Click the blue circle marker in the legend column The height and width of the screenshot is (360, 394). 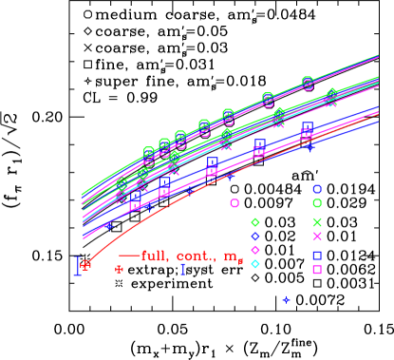317,189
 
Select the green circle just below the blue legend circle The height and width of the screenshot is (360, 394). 317,203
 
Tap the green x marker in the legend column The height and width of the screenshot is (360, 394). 317,222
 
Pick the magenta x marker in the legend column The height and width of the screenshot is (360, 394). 317,237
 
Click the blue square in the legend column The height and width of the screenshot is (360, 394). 317,255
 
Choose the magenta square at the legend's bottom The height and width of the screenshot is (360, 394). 317,270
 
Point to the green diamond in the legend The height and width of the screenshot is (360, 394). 255,222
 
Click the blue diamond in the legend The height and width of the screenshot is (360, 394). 255,237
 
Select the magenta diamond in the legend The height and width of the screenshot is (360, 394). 255,250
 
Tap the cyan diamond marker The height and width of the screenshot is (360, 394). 255,264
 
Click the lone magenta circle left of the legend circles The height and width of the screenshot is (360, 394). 235,202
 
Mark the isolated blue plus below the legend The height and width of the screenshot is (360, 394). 286,300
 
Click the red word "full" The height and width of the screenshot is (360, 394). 156,256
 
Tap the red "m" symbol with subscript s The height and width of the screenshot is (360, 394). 233,257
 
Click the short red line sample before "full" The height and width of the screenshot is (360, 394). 129,256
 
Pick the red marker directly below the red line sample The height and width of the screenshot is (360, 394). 119,270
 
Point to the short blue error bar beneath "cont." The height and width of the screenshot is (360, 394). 183,270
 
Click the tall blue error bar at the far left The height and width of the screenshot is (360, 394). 78,266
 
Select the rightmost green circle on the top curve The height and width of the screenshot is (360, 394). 308,83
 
